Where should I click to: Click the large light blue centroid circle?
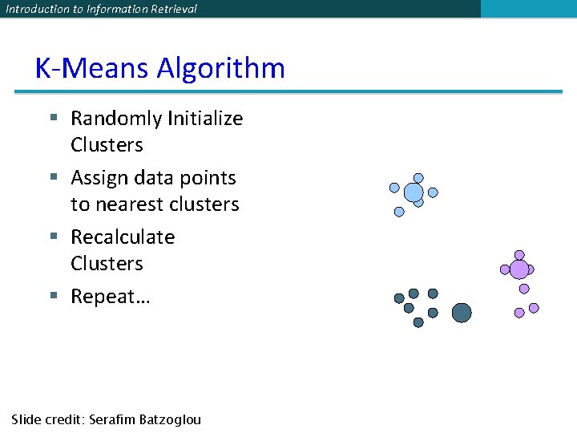414,192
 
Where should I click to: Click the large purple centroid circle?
519,269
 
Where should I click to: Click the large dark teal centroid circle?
462,313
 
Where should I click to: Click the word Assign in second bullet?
100,177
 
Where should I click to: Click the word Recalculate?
123,237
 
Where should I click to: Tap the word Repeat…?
111,297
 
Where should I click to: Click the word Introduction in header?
33,9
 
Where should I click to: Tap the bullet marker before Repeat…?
54,296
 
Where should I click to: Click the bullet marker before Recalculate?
54,237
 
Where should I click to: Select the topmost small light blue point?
418,178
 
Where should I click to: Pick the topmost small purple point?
519,255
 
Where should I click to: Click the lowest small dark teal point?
418,322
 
